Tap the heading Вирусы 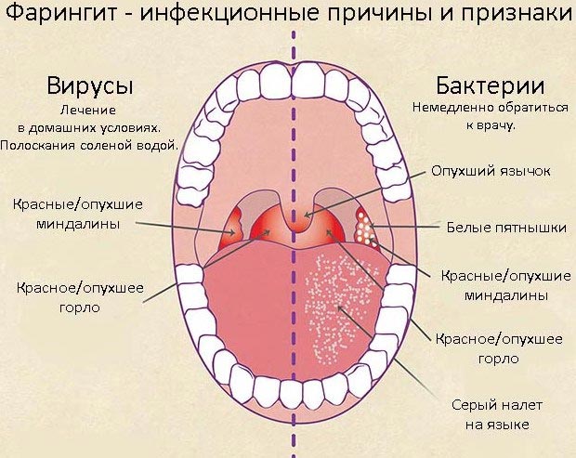(90, 86)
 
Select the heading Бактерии (490, 85)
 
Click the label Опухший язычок (491, 171)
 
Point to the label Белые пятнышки (506, 228)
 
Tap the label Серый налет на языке (497, 415)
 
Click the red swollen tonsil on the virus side (230, 230)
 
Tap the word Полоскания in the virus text (39, 146)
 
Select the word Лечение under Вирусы (88, 111)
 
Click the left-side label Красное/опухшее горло (80, 297)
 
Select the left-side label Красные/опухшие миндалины (78, 214)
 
